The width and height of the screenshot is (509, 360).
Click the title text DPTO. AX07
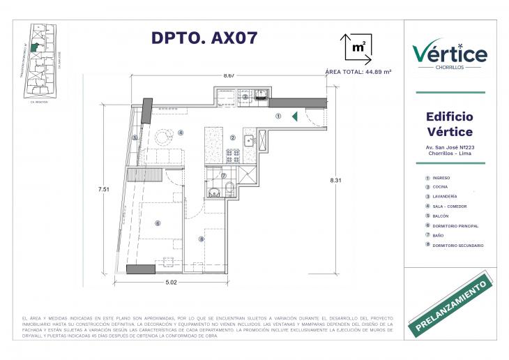tap(204, 38)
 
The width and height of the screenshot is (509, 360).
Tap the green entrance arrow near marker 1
tap(296, 117)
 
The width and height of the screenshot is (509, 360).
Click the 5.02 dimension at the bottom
tap(172, 283)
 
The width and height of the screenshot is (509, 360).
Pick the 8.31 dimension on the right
tap(336, 181)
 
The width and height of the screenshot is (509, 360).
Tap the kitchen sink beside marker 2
tap(252, 139)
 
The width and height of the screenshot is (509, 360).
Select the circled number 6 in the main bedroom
tap(158, 223)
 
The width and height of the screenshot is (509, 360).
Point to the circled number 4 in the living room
tap(180, 132)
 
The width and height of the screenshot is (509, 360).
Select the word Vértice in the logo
tap(450, 54)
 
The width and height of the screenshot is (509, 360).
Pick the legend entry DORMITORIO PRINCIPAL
tap(455, 226)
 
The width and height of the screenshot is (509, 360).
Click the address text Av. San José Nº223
tap(450, 147)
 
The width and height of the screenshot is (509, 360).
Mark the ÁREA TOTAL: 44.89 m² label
tap(358, 72)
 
